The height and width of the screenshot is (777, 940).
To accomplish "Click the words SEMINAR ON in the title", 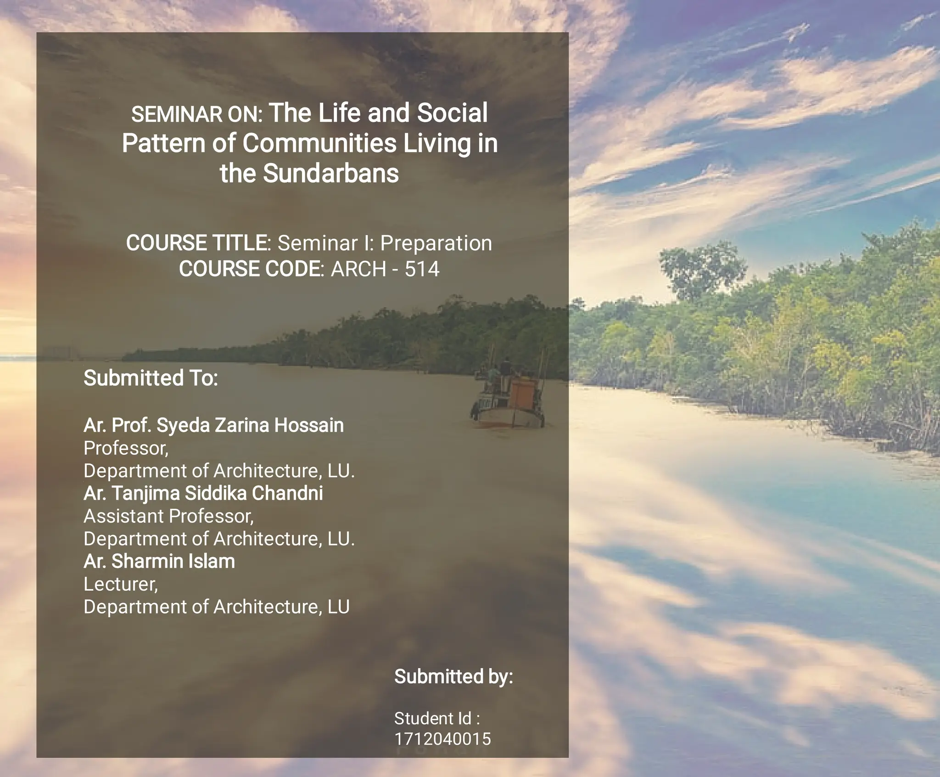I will [196, 115].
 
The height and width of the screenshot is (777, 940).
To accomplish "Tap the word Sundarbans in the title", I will [331, 174].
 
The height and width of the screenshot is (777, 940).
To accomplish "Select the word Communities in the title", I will [319, 143].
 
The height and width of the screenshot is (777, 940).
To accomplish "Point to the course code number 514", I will [421, 269].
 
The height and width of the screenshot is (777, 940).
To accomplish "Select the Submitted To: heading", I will [151, 378].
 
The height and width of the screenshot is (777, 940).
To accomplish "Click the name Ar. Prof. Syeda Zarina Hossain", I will [213, 425].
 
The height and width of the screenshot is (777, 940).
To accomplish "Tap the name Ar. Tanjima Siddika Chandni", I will [203, 493].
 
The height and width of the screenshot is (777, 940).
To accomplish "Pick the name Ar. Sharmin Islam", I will [159, 561].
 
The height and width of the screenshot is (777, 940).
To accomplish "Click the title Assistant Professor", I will [168, 516].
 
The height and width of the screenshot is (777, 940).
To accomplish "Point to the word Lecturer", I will [121, 584].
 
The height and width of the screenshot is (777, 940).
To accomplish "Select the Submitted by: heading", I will [453, 676].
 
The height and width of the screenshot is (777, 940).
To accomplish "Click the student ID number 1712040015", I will [442, 739].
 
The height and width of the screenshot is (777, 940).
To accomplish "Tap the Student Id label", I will [436, 718].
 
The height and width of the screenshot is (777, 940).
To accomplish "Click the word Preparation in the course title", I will [436, 243].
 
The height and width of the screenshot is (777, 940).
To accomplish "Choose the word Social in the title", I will [452, 113].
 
